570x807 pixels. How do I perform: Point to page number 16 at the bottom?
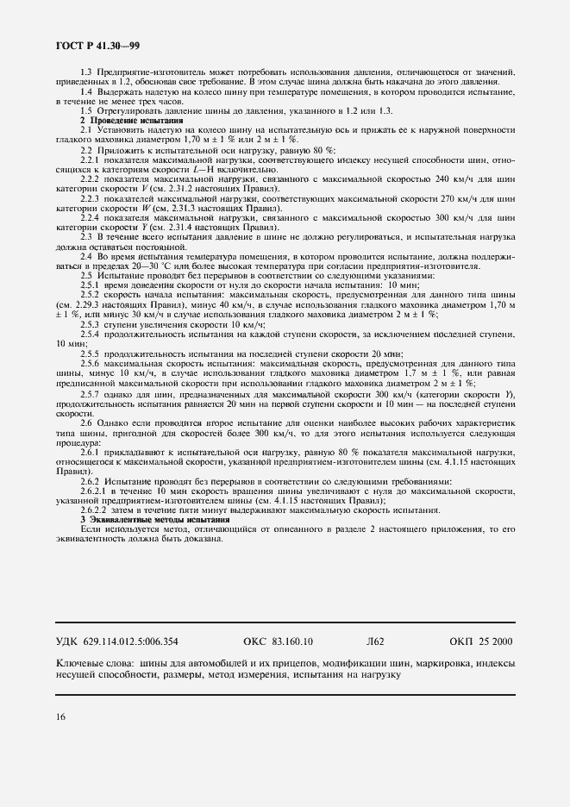tap(60, 716)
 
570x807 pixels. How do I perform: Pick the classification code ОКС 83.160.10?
tap(279, 641)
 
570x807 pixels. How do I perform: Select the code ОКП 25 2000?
tap(480, 641)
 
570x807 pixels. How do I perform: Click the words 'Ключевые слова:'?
tap(93, 664)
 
